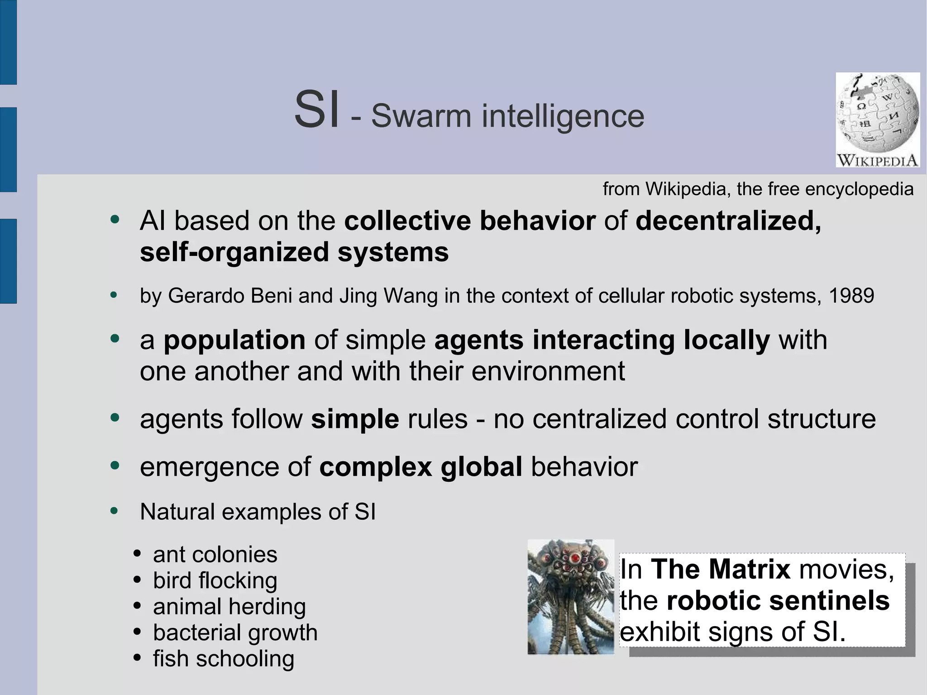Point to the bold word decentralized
728,221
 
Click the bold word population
234,340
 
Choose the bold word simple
355,419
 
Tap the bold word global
482,467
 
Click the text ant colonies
215,555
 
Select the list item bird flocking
215,581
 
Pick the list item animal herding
229,607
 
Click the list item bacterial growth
235,633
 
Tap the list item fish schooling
223,659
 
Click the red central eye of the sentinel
575,557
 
